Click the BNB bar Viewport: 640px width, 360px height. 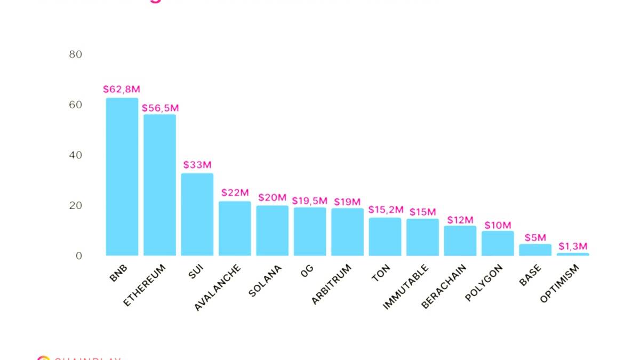point(122,177)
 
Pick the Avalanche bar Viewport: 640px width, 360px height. point(235,228)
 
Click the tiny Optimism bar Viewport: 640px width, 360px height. point(573,254)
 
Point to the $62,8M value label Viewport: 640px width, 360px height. point(122,89)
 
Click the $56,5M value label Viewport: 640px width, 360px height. point(160,108)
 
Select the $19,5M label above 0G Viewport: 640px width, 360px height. point(309,201)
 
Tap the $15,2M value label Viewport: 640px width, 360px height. point(386,210)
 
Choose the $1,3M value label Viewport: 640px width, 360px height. point(573,246)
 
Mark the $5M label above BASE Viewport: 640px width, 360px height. point(535,237)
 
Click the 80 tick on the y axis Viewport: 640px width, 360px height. point(76,54)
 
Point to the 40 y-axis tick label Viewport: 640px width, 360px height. point(76,155)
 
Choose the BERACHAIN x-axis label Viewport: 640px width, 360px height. point(444,286)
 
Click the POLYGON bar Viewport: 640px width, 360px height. point(498,243)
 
